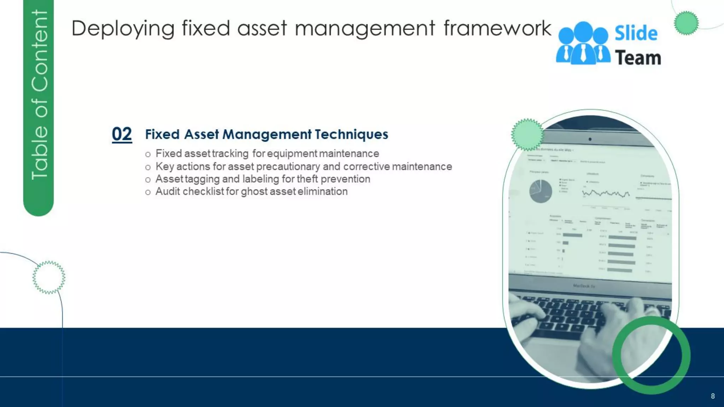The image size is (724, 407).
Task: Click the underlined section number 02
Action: coord(122,134)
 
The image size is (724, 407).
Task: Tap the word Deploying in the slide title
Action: coord(123,28)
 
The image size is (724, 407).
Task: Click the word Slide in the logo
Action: coord(636,34)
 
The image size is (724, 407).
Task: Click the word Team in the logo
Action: coord(638,58)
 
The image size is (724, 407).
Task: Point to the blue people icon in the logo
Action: coord(583,43)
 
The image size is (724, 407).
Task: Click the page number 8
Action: coord(713,396)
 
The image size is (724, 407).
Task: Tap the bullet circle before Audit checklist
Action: coord(148,192)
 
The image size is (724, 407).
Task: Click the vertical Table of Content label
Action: coord(39,95)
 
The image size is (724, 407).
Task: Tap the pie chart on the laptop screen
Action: coord(540,191)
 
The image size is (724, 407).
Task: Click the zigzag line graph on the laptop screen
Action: coord(606,193)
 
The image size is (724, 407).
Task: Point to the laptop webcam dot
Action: coord(590,139)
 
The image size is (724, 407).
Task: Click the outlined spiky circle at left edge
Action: coord(49,277)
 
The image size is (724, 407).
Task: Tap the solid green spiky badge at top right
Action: coord(686,23)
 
